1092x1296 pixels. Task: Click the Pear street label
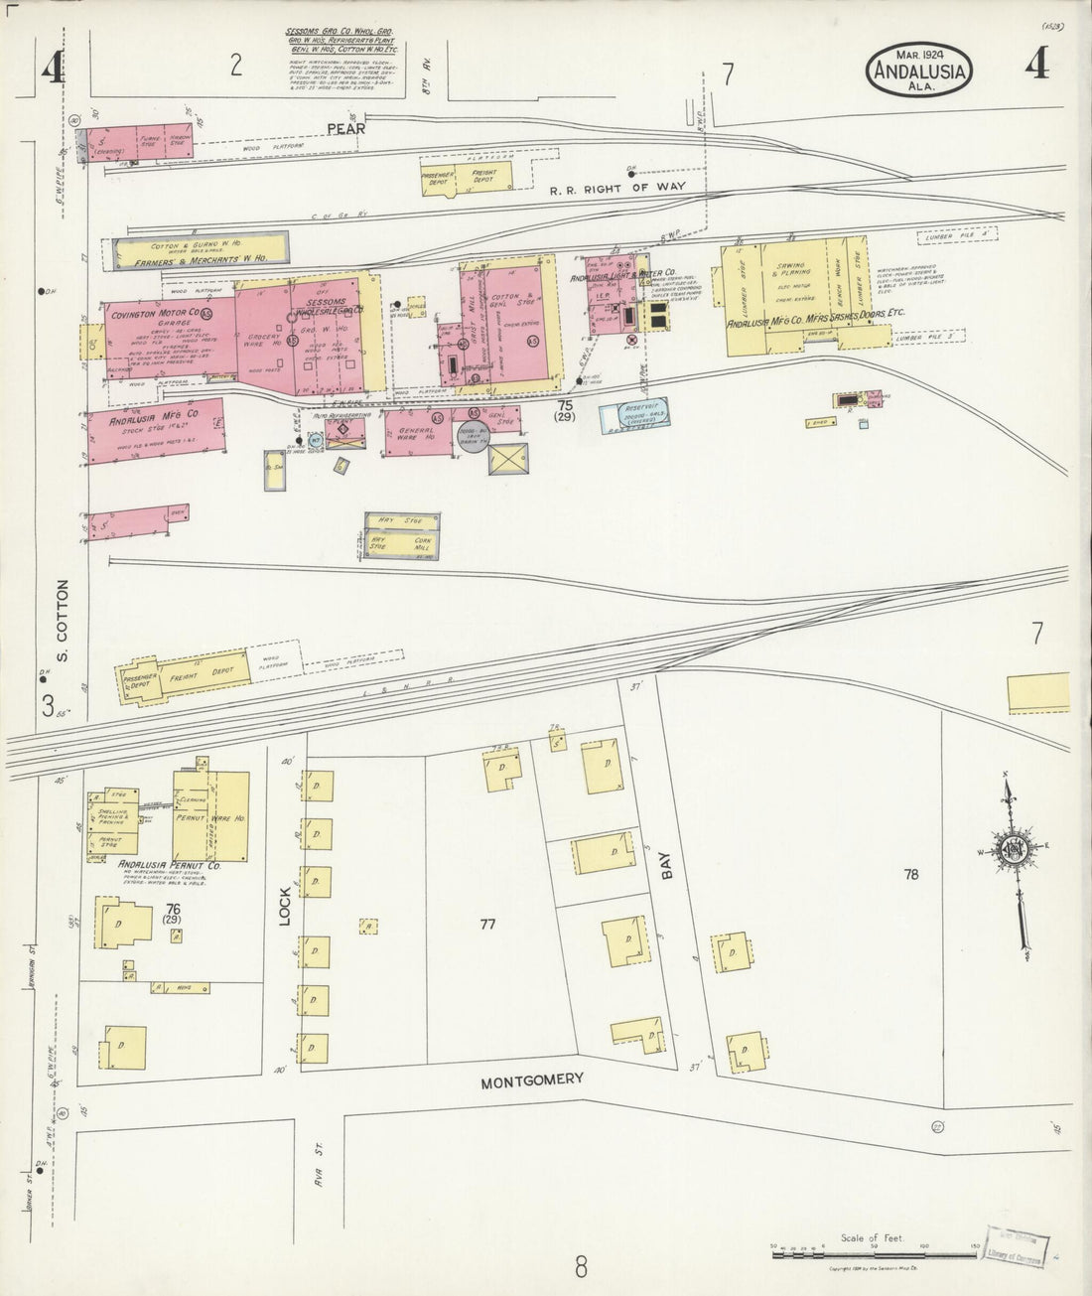coord(344,128)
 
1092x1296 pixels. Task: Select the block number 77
coord(486,925)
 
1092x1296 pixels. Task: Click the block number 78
coord(912,875)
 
